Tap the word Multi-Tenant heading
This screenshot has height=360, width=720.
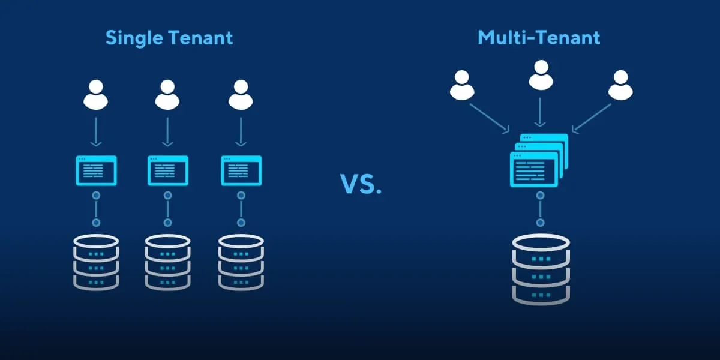click(539, 38)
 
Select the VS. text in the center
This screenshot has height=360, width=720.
click(361, 185)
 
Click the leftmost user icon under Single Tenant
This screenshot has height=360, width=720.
click(95, 94)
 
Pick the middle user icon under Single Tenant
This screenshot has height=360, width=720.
click(167, 94)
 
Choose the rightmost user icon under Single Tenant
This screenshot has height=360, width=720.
click(241, 94)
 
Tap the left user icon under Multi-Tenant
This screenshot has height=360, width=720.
click(462, 85)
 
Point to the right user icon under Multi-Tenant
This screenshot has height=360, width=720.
click(620, 85)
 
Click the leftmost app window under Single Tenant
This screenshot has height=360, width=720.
click(96, 170)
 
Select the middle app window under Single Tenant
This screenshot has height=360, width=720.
click(168, 170)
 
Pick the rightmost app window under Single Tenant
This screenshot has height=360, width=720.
click(241, 170)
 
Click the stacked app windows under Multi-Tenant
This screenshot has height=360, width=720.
click(538, 160)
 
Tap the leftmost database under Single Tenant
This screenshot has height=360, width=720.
click(96, 262)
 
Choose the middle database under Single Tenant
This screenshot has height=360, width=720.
click(168, 262)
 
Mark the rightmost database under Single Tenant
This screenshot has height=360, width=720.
click(241, 262)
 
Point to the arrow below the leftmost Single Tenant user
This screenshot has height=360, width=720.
click(95, 133)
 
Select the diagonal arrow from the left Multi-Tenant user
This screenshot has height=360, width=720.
click(490, 118)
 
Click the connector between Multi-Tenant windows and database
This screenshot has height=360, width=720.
click(541, 209)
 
